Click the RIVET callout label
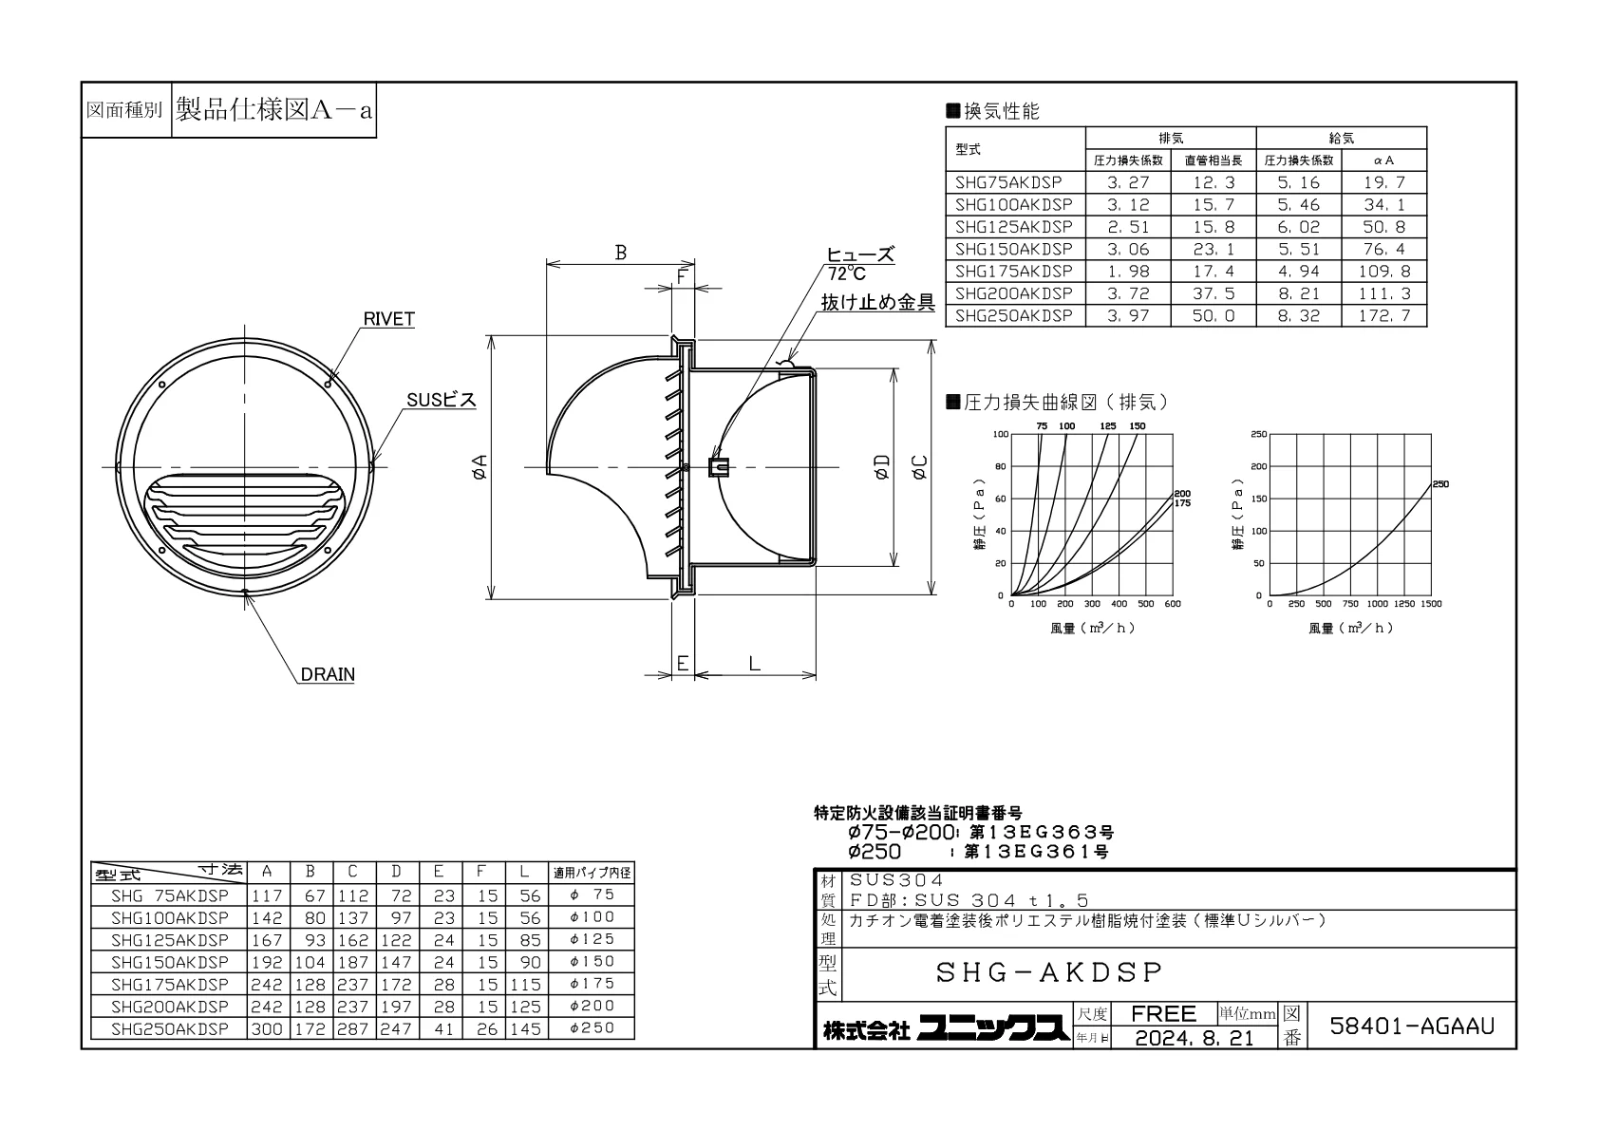point(389,319)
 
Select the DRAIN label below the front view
point(328,674)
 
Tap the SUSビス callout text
point(442,400)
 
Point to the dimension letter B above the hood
point(621,253)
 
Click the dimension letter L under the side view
point(755,664)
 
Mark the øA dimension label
point(480,467)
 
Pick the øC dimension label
point(919,467)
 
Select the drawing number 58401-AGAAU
point(1412,1026)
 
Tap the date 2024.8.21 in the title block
point(1195,1038)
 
